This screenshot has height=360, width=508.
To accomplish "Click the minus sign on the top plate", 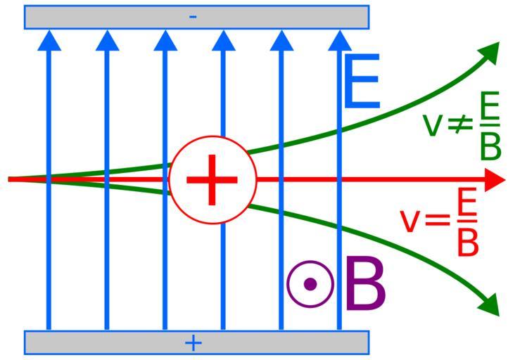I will click(193, 16).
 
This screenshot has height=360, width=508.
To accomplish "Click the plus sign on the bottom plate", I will click(193, 342).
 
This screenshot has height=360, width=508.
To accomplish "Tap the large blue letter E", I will click(362, 83).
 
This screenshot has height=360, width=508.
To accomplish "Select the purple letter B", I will click(366, 285).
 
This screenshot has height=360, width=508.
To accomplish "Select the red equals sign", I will click(436, 220).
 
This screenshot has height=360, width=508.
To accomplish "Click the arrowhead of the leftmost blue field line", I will click(49, 40).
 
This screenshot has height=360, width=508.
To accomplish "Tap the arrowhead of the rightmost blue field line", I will click(339, 40).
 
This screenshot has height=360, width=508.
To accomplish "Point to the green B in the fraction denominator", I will click(490, 146).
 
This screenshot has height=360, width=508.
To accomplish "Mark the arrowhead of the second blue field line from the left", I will click(107, 40).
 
